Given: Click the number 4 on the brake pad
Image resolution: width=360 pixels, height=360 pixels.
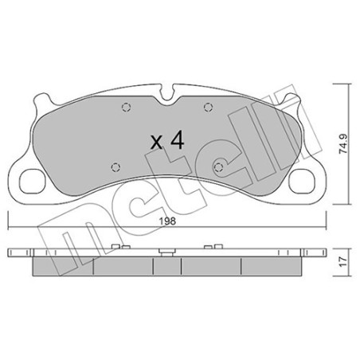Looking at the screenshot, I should click(177, 142).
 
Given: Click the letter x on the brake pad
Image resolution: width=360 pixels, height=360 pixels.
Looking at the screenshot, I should click(156, 143).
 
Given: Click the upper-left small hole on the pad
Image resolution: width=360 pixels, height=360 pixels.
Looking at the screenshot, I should click(123, 110).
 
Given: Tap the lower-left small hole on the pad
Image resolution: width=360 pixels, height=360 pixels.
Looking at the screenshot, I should click(115, 166).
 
